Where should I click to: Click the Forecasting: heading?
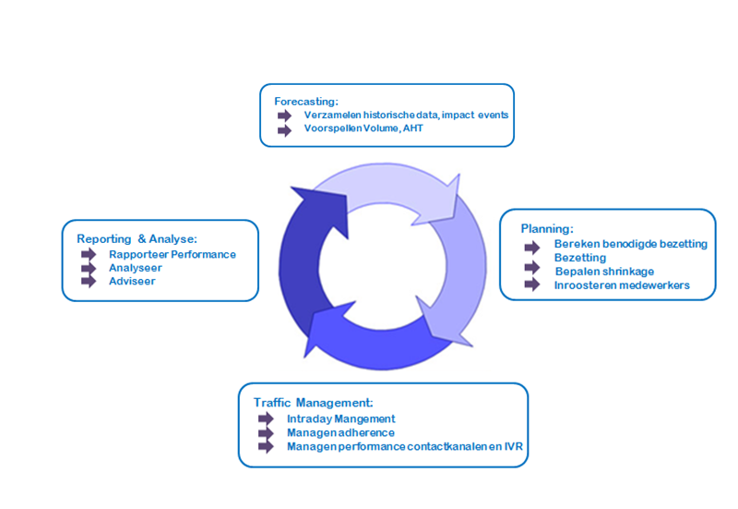coord(306,100)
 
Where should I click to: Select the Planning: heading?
coord(547,228)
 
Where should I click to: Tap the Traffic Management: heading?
coord(313,403)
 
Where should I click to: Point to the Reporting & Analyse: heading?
coord(137,238)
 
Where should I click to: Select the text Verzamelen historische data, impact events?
coord(406,115)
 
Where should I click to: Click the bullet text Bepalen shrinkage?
coord(604,271)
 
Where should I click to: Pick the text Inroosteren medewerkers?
coord(621,285)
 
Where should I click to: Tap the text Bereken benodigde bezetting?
coord(630,244)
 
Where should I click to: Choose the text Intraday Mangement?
coord(340,418)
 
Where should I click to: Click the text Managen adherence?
coord(340,432)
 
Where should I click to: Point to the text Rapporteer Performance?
coord(173,254)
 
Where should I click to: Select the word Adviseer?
coord(132,281)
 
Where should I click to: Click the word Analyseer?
coord(136,267)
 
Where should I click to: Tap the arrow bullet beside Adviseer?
coord(89,281)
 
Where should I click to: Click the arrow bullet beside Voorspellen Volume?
coord(284,128)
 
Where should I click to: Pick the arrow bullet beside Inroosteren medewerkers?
coord(532,285)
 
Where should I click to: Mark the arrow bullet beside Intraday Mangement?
coord(267,418)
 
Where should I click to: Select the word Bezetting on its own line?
coord(580,258)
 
